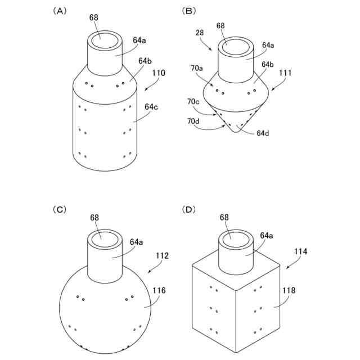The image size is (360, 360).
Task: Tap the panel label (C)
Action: [59, 209]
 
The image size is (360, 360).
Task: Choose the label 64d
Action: [263, 133]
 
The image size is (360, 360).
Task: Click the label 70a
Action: [197, 68]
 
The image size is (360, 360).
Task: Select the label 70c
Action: [193, 102]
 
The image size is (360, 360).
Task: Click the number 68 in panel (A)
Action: [94, 17]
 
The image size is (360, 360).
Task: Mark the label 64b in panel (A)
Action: [144, 61]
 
